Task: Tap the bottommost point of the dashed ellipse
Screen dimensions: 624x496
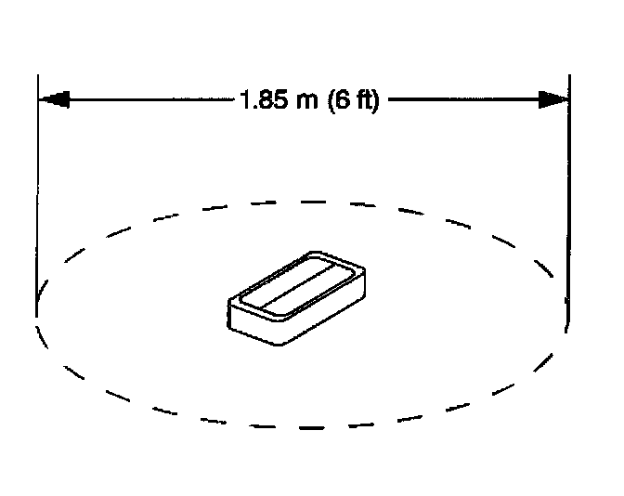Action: click(x=303, y=427)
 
